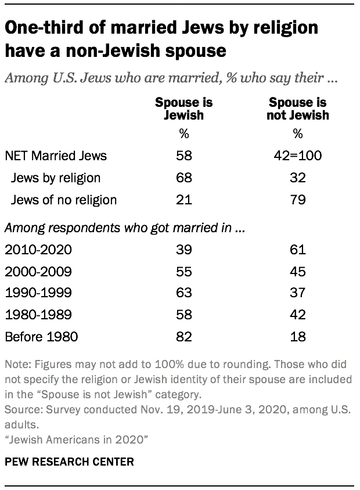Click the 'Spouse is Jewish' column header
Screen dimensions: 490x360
(x=183, y=109)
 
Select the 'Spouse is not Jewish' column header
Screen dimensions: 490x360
(x=298, y=109)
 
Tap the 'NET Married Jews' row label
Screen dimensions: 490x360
(x=56, y=156)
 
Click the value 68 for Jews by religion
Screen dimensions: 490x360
(x=184, y=178)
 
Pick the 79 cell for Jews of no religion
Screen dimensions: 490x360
(x=298, y=200)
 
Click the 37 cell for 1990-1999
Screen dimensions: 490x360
(x=298, y=293)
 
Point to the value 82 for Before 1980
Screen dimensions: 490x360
(x=184, y=337)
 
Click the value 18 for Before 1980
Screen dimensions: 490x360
(x=298, y=337)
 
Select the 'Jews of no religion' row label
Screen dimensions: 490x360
(x=64, y=200)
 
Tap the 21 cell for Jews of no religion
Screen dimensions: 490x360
(x=184, y=200)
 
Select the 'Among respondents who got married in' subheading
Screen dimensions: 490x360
(x=123, y=228)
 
